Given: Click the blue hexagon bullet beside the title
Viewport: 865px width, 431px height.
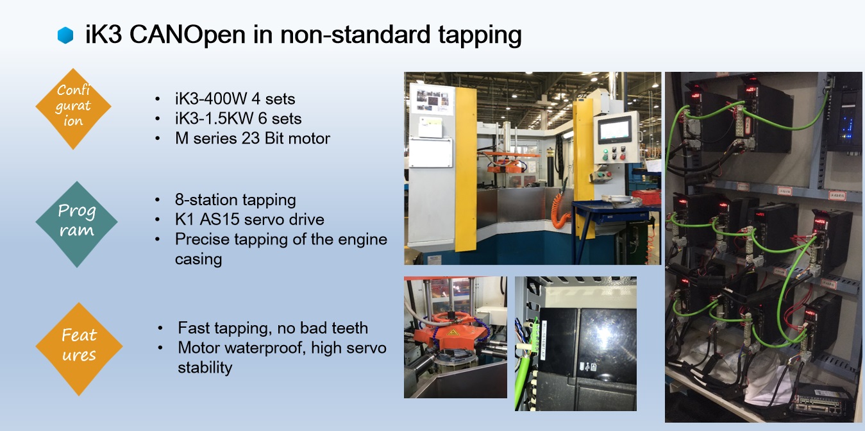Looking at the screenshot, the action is pos(65,35).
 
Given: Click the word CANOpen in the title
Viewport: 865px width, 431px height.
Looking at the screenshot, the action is pos(187,35).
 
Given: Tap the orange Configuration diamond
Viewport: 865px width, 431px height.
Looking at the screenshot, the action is pos(73,108).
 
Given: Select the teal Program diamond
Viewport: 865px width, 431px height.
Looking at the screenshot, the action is pos(76,224).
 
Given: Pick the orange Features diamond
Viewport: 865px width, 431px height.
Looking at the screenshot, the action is pos(79,349).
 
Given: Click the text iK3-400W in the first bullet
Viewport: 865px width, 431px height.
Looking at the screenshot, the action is pos(211,99).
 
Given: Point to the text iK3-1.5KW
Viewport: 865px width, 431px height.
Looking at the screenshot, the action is pos(214,119).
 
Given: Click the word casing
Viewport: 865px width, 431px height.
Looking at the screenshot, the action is pos(199,260).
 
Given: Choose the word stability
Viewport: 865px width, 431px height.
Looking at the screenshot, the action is pos(205,368).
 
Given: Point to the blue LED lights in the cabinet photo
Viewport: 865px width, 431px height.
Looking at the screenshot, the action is pos(848,128).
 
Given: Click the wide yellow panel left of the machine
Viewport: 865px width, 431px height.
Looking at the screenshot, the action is pos(466,169).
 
